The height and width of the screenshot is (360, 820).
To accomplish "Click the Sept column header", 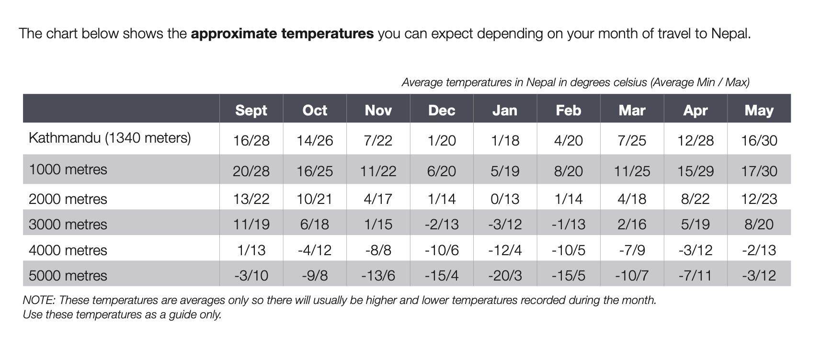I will coord(251,110).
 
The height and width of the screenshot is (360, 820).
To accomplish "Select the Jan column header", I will coord(505,110).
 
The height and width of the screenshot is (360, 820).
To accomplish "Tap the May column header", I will coord(759,110).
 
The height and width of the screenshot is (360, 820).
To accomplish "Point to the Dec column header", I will coord(441,110).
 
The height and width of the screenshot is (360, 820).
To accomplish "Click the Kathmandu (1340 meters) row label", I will coord(110,138).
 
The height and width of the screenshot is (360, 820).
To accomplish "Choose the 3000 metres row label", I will coord(68,224).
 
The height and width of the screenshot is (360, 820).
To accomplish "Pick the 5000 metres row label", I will coord(68,275).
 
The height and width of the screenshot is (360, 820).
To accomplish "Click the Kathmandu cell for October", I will coord(314,140).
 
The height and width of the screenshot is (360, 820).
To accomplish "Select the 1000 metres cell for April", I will coord(695,171).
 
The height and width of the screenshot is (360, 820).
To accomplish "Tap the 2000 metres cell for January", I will coord(505,199).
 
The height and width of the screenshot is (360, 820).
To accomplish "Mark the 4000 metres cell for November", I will coord(378,250).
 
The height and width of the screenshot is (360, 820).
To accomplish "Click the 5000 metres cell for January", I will coord(505,275).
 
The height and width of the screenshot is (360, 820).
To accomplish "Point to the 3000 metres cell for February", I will coord(568,224).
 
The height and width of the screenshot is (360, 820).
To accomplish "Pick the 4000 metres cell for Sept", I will coord(251,250).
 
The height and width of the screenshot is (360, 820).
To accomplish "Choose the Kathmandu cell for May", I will coord(759,140).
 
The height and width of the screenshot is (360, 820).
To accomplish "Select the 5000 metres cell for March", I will coord(632,275).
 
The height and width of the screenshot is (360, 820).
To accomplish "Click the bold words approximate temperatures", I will coord(282,34).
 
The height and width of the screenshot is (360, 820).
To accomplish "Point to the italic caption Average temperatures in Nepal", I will coord(575,82).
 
